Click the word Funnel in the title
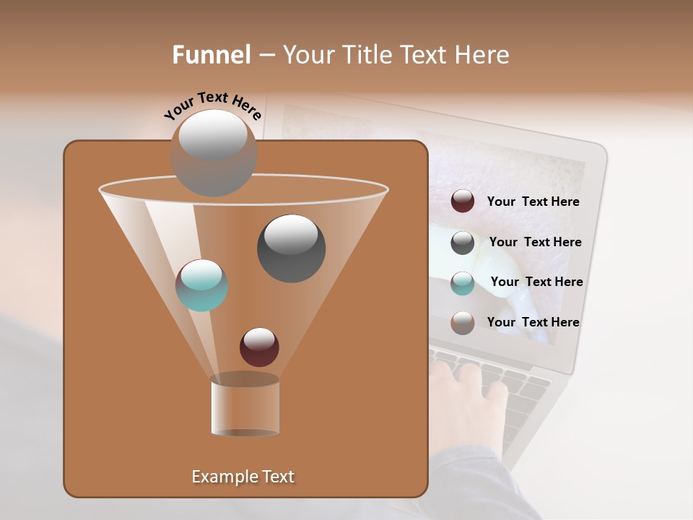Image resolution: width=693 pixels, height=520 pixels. tap(212, 55)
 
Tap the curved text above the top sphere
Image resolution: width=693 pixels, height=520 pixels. tap(212, 105)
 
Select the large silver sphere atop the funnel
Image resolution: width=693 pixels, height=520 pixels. tap(214, 152)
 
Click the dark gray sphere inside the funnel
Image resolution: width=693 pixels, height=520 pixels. tap(291, 248)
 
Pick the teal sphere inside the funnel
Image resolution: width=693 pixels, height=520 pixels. tap(201, 285)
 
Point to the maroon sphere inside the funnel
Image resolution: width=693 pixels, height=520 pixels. tap(259, 347)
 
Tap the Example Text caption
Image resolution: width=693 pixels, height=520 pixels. tap(243, 477)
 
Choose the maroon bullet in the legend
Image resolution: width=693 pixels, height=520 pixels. tap(463, 201)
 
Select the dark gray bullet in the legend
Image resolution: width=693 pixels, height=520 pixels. tap(463, 243)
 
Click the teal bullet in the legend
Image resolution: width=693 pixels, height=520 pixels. tap(463, 283)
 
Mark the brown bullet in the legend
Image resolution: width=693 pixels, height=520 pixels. tap(463, 323)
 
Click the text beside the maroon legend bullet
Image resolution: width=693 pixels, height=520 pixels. tap(533, 201)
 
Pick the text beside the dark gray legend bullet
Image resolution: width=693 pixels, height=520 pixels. tap(535, 242)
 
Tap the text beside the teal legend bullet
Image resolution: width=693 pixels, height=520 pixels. tap(536, 282)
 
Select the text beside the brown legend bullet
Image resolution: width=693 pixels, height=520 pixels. tap(533, 322)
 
